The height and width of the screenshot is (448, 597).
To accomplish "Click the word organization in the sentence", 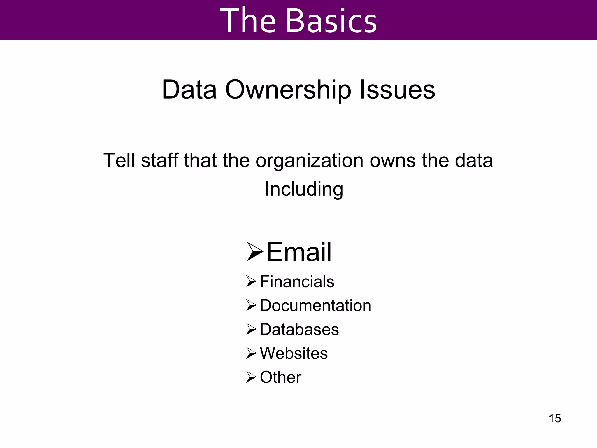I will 309,161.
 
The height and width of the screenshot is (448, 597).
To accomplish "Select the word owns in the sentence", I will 393,161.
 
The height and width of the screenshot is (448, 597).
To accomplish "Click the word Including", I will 304,190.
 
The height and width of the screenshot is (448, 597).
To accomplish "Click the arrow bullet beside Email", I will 255,252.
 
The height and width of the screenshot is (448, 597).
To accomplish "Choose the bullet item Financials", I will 297,282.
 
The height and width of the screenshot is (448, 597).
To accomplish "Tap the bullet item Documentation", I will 315,306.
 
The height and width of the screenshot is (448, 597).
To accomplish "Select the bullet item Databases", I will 299,330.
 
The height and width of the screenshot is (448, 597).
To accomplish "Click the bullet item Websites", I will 294,353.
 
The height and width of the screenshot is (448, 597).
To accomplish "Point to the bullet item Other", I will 280,377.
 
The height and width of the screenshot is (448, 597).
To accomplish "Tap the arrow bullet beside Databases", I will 251,329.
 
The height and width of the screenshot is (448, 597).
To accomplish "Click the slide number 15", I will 555,418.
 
